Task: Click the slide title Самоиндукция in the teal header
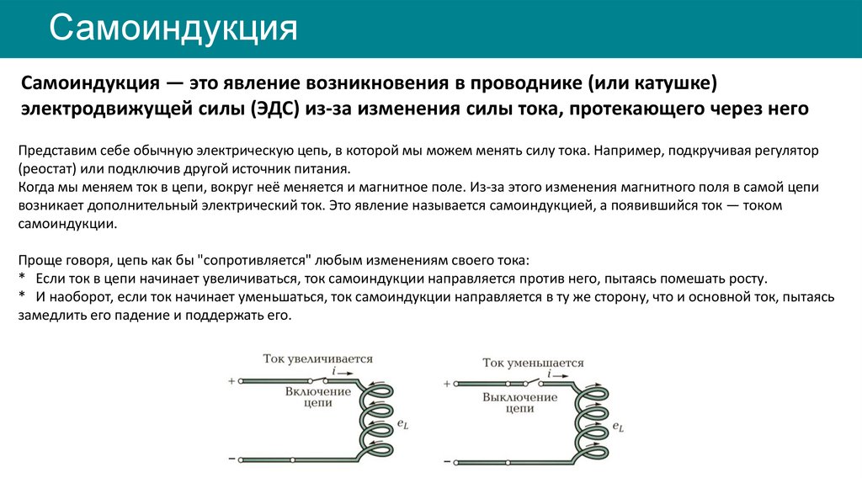[x=173, y=29]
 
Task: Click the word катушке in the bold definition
[x=673, y=84]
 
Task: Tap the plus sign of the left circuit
[x=231, y=381]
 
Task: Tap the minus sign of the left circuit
[x=231, y=459]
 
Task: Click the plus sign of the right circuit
[x=446, y=385]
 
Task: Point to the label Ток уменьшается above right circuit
[x=533, y=363]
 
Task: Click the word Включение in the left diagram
[x=317, y=392]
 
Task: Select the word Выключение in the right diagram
[x=520, y=396]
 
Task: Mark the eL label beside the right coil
[x=619, y=427]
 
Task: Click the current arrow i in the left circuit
[x=335, y=370]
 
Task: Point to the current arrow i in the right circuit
[x=551, y=373]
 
